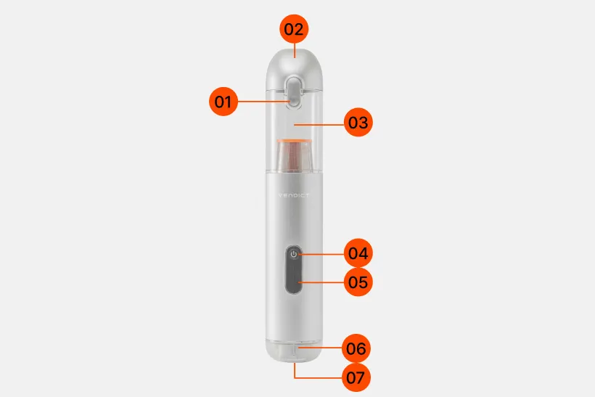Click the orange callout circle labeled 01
[x=223, y=102]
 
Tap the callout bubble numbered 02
[x=294, y=29]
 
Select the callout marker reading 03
[x=358, y=122]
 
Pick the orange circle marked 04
[x=358, y=253]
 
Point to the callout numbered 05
[x=358, y=282]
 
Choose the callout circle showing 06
[x=356, y=348]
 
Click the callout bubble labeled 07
[x=356, y=377]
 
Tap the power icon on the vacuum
[x=294, y=254]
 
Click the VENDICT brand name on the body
[x=294, y=195]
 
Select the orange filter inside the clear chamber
[x=294, y=155]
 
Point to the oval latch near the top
[x=294, y=92]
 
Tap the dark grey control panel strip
[x=294, y=270]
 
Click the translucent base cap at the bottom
[x=294, y=352]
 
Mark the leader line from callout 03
[x=319, y=124]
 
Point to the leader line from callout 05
[x=321, y=282]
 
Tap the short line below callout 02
[x=295, y=50]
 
